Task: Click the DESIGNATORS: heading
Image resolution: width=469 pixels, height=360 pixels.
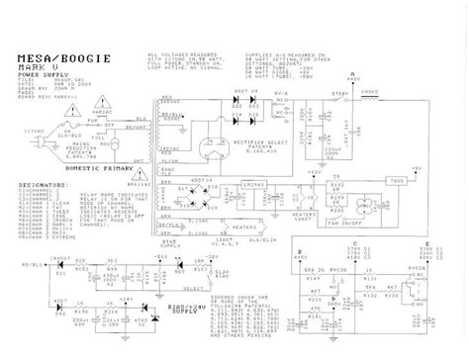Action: [42, 183]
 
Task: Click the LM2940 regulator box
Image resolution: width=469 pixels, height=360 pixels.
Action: [250, 185]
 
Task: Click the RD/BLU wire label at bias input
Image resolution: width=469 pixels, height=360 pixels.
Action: [35, 265]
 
